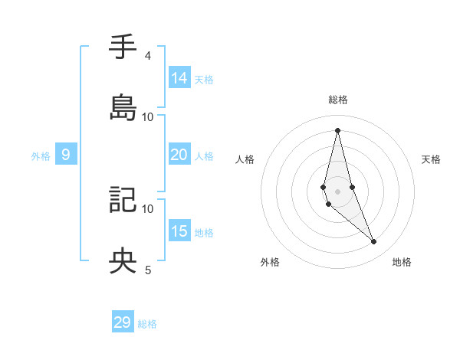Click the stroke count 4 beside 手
pyautogui.click(x=147, y=56)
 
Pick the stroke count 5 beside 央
pyautogui.click(x=147, y=270)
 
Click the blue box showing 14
pyautogui.click(x=179, y=77)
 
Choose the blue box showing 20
pyautogui.click(x=179, y=155)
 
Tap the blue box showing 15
pyautogui.click(x=179, y=231)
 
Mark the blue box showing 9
pyautogui.click(x=66, y=155)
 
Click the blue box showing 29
pyautogui.click(x=123, y=322)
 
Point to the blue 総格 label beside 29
pyautogui.click(x=147, y=324)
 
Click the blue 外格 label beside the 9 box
pyautogui.click(x=41, y=156)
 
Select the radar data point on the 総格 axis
pyautogui.click(x=337, y=129)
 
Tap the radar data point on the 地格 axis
pyautogui.click(x=374, y=242)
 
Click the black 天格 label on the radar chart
pyautogui.click(x=432, y=159)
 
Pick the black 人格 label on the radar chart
pyautogui.click(x=245, y=159)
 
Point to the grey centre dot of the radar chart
pyautogui.click(x=337, y=191)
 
